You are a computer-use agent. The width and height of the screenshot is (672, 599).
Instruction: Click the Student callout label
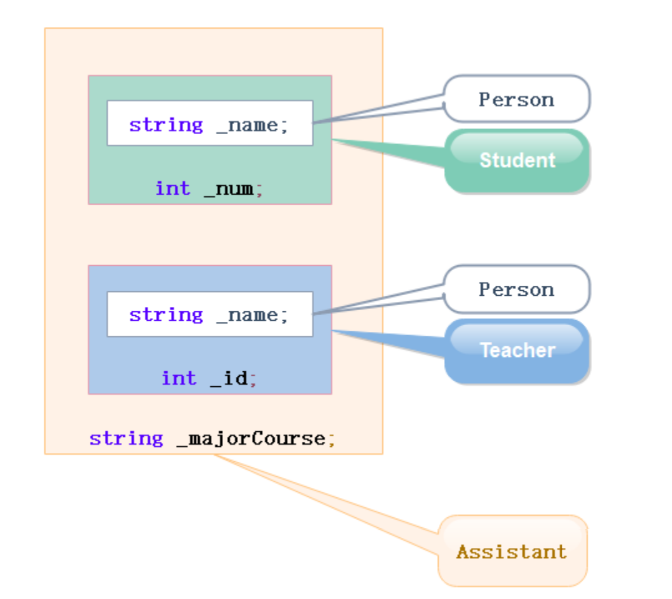pos(517,160)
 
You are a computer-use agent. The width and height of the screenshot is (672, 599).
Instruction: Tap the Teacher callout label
pos(517,350)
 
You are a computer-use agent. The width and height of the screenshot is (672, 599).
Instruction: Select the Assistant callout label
pos(512,552)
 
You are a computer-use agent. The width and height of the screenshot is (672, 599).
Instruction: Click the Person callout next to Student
pos(516,99)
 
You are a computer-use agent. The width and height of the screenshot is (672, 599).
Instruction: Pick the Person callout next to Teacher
pos(516,289)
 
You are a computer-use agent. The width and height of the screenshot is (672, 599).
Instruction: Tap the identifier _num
pos(229,188)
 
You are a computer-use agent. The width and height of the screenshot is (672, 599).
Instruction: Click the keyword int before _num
pos(173,188)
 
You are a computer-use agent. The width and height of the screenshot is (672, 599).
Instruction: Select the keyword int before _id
pos(179,378)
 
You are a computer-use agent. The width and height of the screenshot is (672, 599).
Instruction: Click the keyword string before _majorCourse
pos(126,439)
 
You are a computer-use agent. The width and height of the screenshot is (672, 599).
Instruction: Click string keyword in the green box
pos(166,125)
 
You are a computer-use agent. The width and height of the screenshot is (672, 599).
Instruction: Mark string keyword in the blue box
pos(166,315)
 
